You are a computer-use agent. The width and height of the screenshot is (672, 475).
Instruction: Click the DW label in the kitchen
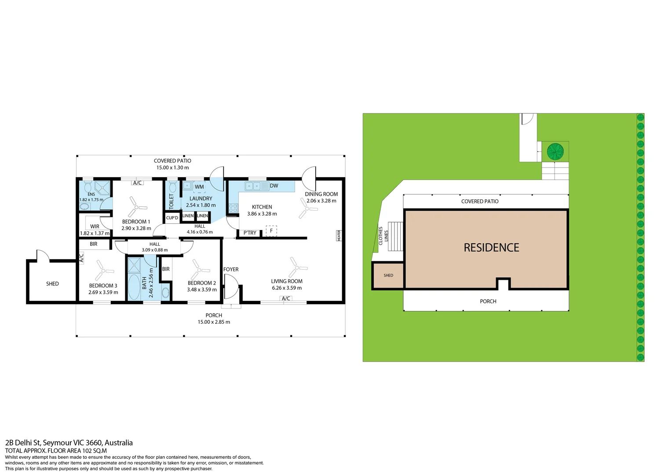(274, 186)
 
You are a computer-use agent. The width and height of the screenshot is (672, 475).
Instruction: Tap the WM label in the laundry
(199, 187)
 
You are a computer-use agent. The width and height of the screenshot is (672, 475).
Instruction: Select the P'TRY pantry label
(250, 233)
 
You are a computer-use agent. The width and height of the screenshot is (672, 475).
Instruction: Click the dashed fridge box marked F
(271, 231)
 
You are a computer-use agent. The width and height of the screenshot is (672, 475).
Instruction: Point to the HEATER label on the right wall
(339, 235)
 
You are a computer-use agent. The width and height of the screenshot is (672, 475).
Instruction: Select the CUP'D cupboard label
(172, 218)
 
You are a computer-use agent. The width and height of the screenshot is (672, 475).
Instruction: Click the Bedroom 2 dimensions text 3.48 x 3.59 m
(202, 290)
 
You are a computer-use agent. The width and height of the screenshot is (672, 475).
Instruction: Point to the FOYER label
(231, 270)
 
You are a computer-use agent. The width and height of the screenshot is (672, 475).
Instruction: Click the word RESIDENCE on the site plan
(491, 248)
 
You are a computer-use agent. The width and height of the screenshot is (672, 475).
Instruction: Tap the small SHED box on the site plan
(388, 276)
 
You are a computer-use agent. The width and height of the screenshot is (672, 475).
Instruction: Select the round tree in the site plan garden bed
(555, 152)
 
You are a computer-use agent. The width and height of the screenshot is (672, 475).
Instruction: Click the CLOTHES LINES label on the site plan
(383, 236)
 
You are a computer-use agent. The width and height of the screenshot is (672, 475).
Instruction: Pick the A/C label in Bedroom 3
(81, 258)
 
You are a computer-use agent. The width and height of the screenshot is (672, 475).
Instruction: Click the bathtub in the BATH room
(134, 286)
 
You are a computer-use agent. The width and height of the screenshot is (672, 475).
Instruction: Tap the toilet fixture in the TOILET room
(172, 187)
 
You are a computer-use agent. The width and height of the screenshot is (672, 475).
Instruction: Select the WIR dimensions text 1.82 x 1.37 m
(95, 234)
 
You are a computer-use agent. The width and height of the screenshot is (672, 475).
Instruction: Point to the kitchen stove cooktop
(233, 208)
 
